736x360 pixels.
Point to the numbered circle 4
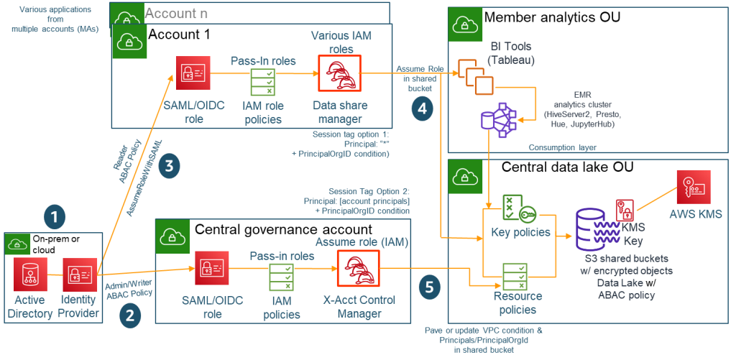[421, 109]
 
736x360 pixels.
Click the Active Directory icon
[30, 274]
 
